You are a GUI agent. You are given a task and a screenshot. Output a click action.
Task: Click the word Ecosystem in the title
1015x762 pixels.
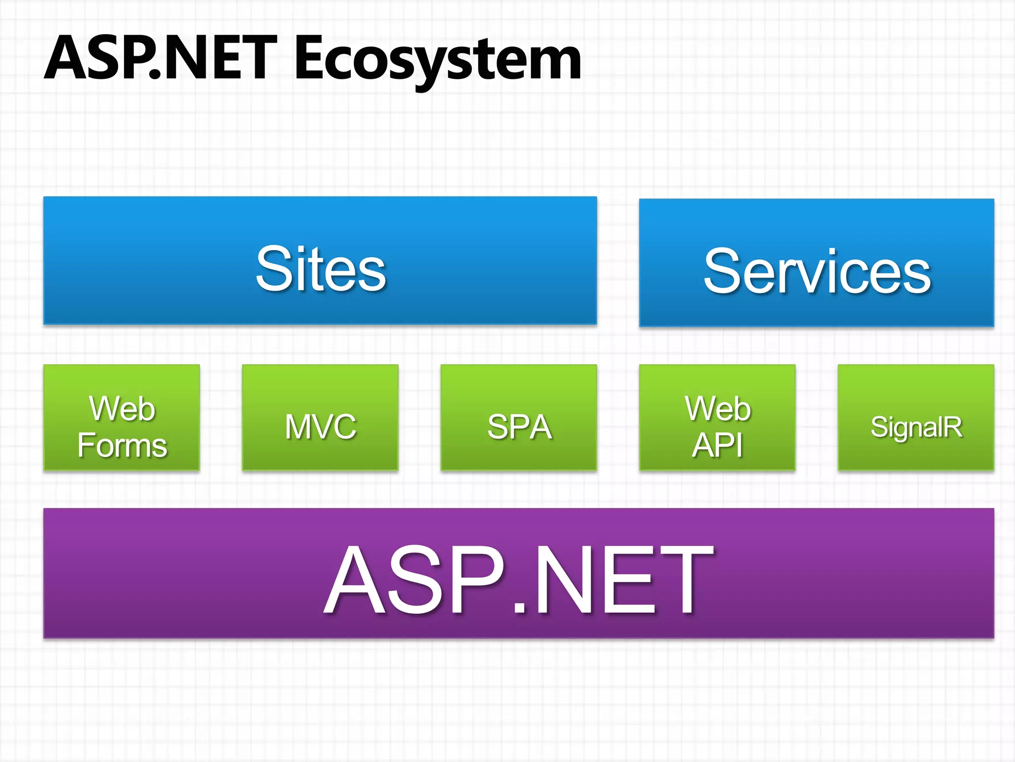click(x=438, y=60)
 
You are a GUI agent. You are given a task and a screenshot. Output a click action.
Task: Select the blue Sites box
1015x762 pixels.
click(x=320, y=261)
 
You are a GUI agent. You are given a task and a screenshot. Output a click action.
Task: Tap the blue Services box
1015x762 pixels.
click(x=816, y=263)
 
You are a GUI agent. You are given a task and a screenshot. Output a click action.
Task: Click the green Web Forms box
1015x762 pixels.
click(x=122, y=417)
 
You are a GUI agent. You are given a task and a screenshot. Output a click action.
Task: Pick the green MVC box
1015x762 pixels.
click(x=320, y=417)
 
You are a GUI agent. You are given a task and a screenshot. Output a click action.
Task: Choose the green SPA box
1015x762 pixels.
click(x=518, y=417)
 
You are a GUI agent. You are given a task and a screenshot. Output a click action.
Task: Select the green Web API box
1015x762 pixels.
click(x=717, y=417)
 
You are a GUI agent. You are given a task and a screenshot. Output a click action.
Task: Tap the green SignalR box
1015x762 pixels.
click(x=916, y=417)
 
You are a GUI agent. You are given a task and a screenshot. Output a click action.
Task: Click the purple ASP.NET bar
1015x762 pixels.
click(x=518, y=573)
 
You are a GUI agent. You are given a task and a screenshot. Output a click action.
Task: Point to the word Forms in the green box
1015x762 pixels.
click(x=122, y=445)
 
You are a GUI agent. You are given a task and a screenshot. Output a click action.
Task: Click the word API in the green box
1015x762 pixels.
click(x=717, y=445)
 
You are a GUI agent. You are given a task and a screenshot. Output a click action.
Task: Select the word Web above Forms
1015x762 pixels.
click(x=122, y=409)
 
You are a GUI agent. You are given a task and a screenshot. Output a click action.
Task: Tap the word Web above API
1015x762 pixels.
click(x=718, y=409)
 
